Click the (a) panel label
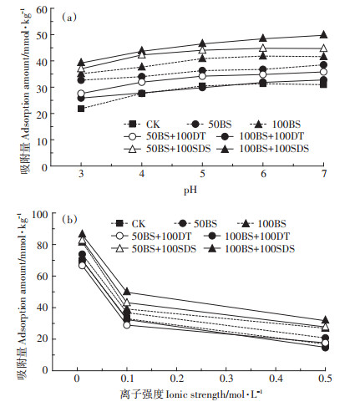(x=68, y=18)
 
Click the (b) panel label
(x=69, y=220)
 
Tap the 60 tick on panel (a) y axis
(x=42, y=10)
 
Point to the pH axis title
(x=190, y=190)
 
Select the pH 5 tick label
(x=202, y=174)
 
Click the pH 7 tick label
(x=324, y=174)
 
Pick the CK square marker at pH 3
(x=81, y=109)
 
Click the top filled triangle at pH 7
(x=323, y=34)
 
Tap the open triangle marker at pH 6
(x=263, y=48)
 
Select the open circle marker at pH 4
(x=142, y=82)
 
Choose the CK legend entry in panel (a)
(x=142, y=124)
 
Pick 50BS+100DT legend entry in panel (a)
(x=165, y=136)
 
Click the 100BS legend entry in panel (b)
(x=261, y=224)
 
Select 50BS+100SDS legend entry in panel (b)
(x=154, y=248)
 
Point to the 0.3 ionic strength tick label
(x=226, y=379)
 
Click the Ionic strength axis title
(x=191, y=394)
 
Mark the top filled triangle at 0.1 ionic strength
(x=127, y=292)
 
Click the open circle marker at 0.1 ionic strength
(x=127, y=325)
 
